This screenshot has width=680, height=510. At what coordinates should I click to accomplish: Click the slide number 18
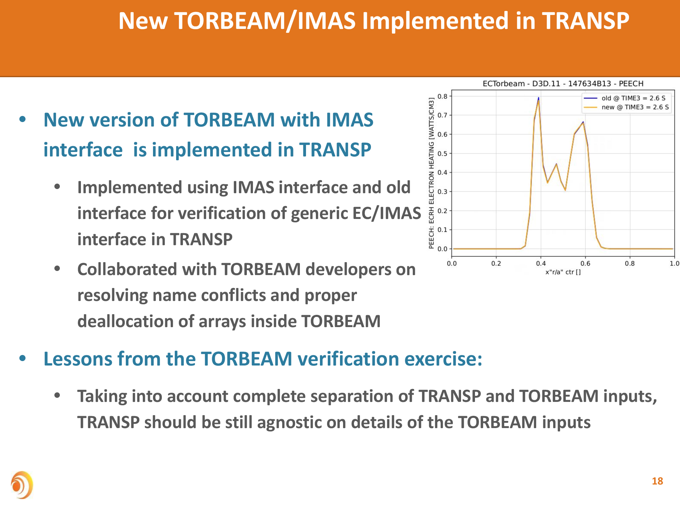pyautogui.click(x=657, y=481)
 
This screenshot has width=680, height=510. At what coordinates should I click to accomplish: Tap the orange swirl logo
pyautogui.click(x=22, y=485)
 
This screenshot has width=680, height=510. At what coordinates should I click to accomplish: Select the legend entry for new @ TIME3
pyautogui.click(x=626, y=107)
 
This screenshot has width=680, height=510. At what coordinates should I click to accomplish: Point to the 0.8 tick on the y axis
pyautogui.click(x=442, y=96)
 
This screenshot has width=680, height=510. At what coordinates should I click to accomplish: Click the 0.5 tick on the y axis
pyautogui.click(x=442, y=153)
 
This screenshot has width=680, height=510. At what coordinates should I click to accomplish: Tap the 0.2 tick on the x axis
pyautogui.click(x=496, y=263)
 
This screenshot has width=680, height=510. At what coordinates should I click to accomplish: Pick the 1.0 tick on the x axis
pyautogui.click(x=675, y=263)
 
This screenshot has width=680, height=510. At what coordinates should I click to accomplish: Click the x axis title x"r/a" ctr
pyautogui.click(x=563, y=272)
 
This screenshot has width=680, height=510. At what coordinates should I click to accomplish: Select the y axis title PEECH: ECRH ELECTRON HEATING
pyautogui.click(x=431, y=173)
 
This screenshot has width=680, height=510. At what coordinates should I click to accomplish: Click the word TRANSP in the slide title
pyautogui.click(x=585, y=21)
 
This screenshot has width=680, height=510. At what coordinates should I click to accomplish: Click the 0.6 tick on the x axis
pyautogui.click(x=585, y=263)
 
